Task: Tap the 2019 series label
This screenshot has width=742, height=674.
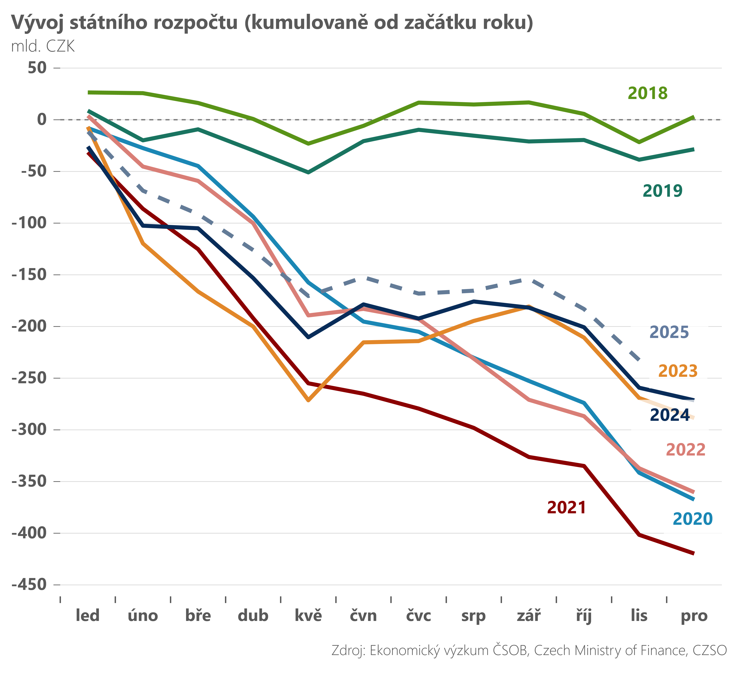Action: (663, 191)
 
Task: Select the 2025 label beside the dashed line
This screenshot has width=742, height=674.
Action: (669, 332)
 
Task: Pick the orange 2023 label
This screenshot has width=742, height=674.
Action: (678, 371)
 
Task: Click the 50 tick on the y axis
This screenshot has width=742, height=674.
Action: (37, 68)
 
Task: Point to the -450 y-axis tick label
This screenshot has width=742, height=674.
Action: (29, 585)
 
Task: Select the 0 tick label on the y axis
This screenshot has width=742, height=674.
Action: (42, 119)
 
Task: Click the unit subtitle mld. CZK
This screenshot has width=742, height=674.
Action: (43, 47)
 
